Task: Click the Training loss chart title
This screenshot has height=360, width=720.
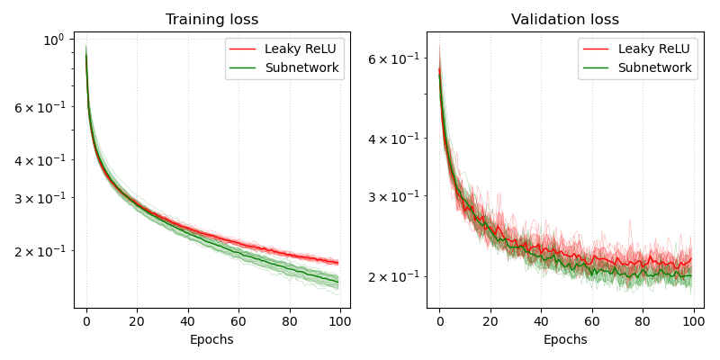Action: coord(211,20)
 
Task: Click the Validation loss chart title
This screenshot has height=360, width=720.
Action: coord(565,20)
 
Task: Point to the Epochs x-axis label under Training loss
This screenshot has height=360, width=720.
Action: coord(211,339)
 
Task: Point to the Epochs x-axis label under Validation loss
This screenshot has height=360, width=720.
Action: coord(565,339)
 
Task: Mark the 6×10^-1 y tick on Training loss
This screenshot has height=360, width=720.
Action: coord(39,107)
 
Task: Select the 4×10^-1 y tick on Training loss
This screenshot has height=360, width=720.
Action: coord(39,160)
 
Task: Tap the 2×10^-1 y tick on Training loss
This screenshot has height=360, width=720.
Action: coord(39,251)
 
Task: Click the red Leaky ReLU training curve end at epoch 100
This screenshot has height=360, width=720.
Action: coord(337,263)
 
